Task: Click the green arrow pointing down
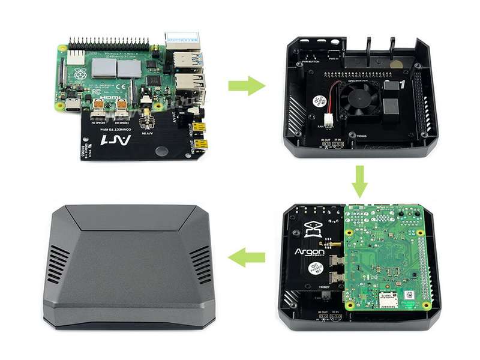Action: tap(359, 182)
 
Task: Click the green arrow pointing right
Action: tap(246, 86)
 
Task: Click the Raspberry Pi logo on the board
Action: tap(80, 76)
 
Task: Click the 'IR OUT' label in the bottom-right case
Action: tap(325, 313)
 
